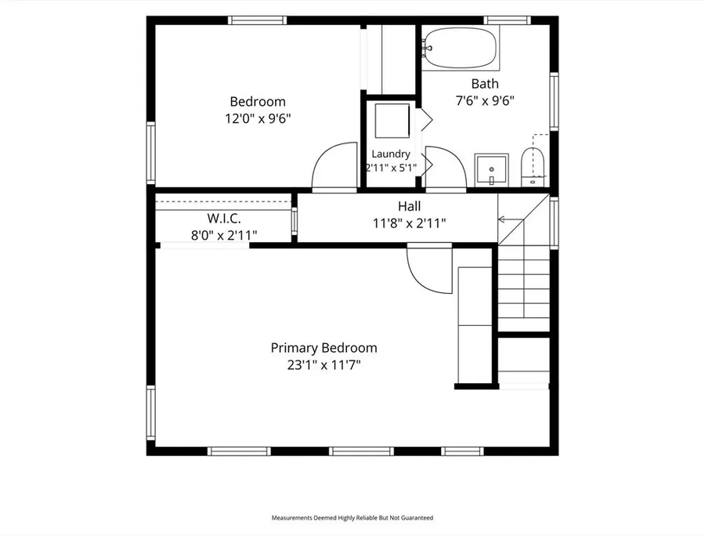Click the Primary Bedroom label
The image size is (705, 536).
click(x=324, y=348)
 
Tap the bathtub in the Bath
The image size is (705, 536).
click(x=461, y=48)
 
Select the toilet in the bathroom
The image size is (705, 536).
click(x=533, y=167)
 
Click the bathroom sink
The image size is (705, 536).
click(x=491, y=169)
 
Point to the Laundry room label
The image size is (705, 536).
click(x=391, y=154)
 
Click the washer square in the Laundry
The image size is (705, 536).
click(x=392, y=121)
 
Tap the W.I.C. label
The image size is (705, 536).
click(x=224, y=219)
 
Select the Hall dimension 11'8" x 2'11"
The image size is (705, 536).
click(x=409, y=223)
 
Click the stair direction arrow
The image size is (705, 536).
click(x=511, y=219)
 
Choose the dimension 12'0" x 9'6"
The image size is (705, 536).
click(x=258, y=118)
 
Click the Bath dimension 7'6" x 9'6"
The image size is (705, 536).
click(x=485, y=100)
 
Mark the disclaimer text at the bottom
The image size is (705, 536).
click(x=352, y=518)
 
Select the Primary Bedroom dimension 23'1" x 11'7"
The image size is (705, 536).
click(x=324, y=364)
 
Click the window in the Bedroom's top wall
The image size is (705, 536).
click(x=257, y=20)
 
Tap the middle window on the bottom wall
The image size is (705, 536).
click(x=361, y=451)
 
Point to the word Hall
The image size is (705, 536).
click(x=409, y=206)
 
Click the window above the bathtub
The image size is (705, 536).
click(x=507, y=20)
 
